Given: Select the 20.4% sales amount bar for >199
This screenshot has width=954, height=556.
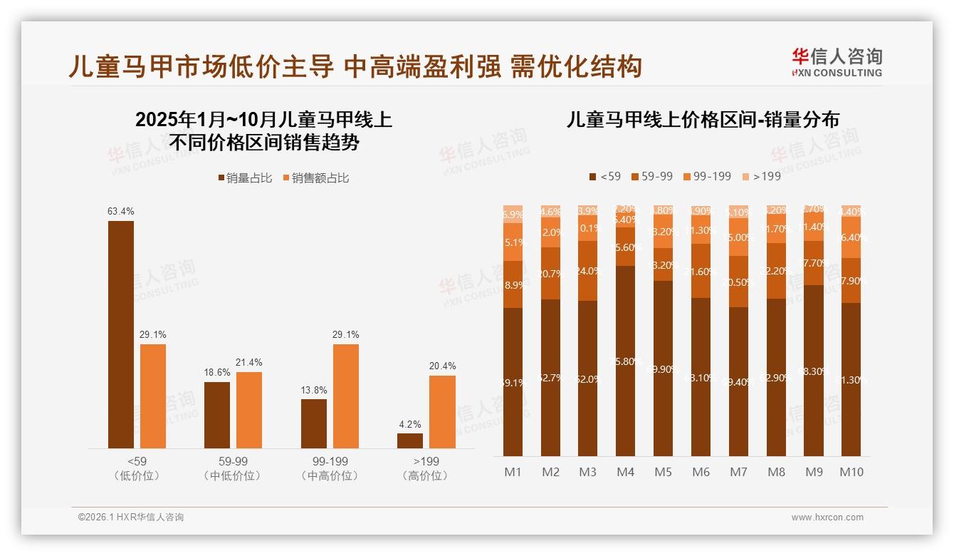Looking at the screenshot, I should (442, 411).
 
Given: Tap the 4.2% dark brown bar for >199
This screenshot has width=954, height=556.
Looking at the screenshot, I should (410, 441).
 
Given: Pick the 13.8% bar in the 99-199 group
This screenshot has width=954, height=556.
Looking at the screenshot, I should (314, 423).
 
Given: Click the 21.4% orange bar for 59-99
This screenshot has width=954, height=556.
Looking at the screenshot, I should (249, 410).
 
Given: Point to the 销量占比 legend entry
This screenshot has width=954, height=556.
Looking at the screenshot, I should (245, 178).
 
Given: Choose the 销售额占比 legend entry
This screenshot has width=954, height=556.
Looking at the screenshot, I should (316, 178).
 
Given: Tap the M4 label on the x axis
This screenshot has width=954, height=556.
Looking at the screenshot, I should (625, 472).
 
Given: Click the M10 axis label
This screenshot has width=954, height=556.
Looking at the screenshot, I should (851, 472).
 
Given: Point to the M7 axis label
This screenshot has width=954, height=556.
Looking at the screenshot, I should (738, 472).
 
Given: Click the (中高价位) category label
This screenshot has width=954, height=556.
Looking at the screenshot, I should (330, 476).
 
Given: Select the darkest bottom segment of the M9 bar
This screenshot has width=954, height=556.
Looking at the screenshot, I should (814, 371).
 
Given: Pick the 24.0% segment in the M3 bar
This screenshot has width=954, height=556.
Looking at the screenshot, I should (588, 271).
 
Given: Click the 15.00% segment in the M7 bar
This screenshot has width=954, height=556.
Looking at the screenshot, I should (738, 237).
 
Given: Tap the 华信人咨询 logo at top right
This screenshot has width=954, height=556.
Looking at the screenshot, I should (837, 62).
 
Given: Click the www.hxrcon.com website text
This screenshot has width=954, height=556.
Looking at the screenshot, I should (827, 518).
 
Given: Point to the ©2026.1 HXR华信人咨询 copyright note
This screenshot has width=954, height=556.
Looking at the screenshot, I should (131, 518).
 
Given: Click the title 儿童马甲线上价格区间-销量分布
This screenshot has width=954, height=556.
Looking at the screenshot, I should (702, 119).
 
